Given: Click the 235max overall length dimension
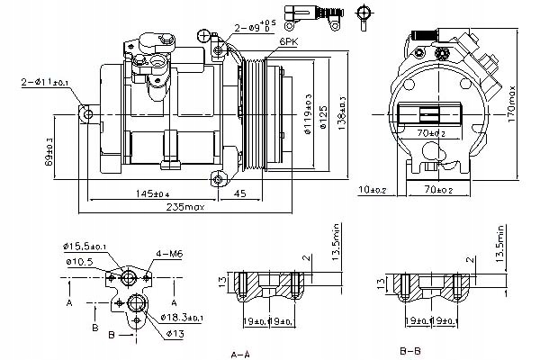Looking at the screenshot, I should tap(185, 209).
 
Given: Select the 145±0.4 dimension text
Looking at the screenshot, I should tap(154, 193).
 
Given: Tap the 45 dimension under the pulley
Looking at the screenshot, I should tap(241, 193).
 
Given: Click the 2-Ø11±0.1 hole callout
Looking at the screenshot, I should tap(42, 83).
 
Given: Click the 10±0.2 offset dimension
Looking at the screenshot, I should tap(372, 190).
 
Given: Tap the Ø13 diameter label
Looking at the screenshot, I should tap(176, 334).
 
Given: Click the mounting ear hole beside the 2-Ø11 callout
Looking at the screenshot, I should tap(88, 114).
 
